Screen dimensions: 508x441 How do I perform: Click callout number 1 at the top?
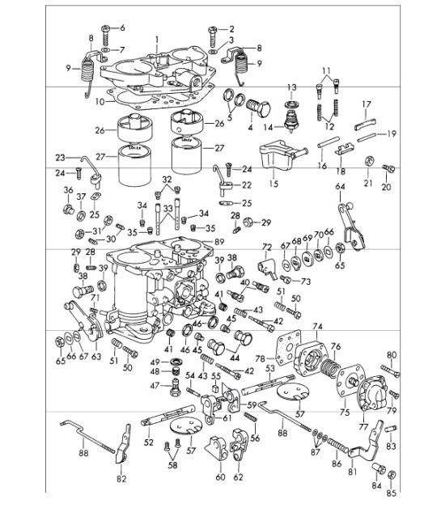tap(159, 38)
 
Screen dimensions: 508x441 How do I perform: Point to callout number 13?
tap(292, 87)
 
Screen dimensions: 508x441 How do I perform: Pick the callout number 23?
tap(59, 158)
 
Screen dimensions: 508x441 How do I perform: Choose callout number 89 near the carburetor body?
tap(220, 240)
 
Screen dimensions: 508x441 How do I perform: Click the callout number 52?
tap(148, 442)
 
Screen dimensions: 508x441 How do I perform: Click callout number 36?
tap(67, 191)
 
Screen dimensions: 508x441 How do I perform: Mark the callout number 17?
tap(366, 104)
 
